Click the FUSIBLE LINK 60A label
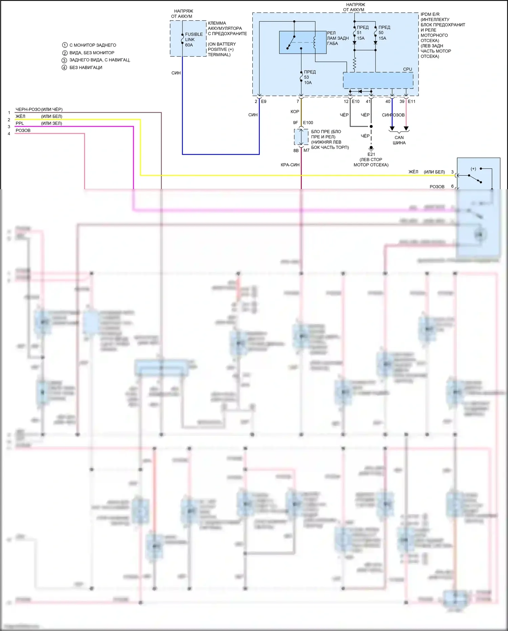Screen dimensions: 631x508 coord(193,40)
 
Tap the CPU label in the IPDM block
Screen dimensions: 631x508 coord(407,69)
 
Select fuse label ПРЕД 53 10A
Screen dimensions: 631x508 coord(310,77)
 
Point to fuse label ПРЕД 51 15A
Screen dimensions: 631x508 coord(362,33)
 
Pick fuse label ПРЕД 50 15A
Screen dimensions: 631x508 coord(384,33)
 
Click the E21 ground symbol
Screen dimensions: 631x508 coord(371,148)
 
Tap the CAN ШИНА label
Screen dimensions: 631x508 coord(399,140)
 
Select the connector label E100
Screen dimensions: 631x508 coord(308,123)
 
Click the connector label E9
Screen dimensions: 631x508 coord(263,101)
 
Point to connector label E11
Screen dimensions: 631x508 coord(411,101)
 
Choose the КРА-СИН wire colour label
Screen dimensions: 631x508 coord(290,165)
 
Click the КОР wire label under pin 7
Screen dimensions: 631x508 coord(295,112)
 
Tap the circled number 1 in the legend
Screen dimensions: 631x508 coord(65,45)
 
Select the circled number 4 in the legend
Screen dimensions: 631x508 coord(64,67)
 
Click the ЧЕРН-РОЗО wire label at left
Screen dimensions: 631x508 coord(28,110)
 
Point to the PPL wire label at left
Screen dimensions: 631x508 coord(20,123)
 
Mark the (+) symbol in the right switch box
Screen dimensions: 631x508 coord(473,169)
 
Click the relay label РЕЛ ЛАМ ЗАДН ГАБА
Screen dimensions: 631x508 coord(337,38)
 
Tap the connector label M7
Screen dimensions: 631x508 coord(306,150)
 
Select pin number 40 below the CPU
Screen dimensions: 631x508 coord(388,101)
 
